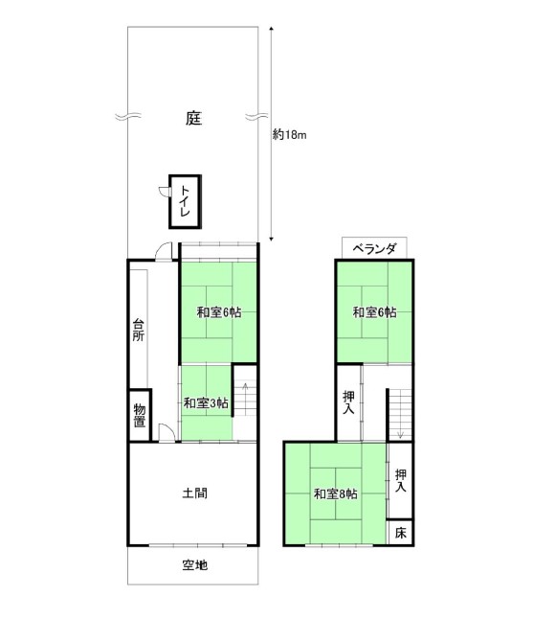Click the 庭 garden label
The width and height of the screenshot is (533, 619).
pyautogui.click(x=193, y=118)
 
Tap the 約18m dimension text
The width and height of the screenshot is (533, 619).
pyautogui.click(x=289, y=135)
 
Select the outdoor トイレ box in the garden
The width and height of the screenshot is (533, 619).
pyautogui.click(x=185, y=202)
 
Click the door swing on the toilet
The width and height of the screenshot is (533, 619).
pyautogui.click(x=164, y=191)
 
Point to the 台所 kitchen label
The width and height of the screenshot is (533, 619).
pyautogui.click(x=139, y=330)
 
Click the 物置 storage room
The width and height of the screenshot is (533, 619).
pyautogui.click(x=140, y=415)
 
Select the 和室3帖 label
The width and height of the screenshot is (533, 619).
pyautogui.click(x=206, y=403)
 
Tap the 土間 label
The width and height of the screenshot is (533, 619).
pyautogui.click(x=195, y=493)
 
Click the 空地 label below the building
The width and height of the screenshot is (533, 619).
pyautogui.click(x=195, y=565)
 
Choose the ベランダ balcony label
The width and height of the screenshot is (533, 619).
pyautogui.click(x=374, y=249)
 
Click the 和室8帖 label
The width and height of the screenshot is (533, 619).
pyautogui.click(x=336, y=493)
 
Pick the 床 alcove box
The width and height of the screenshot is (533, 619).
pyautogui.click(x=400, y=533)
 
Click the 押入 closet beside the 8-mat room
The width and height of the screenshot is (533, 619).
pyautogui.click(x=401, y=481)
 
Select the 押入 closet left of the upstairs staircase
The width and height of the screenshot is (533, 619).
pyautogui.click(x=348, y=402)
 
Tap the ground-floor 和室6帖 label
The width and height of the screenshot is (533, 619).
pyautogui.click(x=219, y=312)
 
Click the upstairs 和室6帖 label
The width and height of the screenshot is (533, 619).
pyautogui.click(x=374, y=312)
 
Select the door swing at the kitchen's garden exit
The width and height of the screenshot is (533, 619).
pyautogui.click(x=164, y=251)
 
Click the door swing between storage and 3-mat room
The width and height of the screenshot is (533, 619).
pyautogui.click(x=167, y=432)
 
